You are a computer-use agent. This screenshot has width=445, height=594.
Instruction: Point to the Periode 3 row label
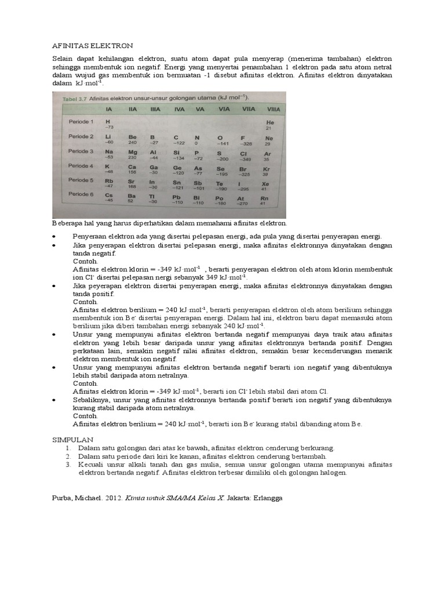pos(81,151)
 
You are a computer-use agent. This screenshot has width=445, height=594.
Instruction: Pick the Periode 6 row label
pos(81,194)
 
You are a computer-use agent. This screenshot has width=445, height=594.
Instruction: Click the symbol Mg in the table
pos(132,152)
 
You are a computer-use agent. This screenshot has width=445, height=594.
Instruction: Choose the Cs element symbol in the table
pos(108,196)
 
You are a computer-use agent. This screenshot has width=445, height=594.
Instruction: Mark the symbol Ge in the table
pos(177,167)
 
